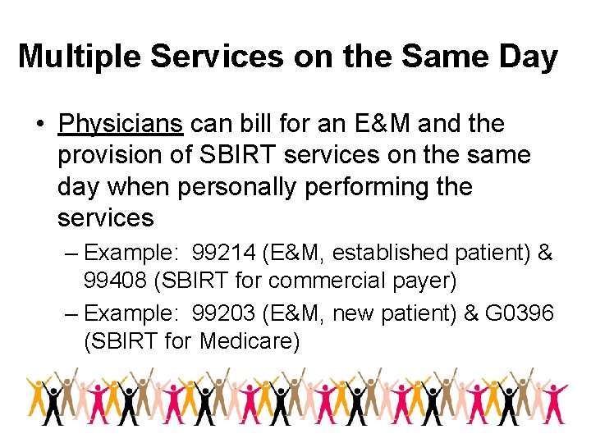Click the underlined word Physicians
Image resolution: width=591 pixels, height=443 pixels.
121,125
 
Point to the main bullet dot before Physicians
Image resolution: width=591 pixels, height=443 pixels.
39,125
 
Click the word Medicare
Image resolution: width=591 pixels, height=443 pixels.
250,340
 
